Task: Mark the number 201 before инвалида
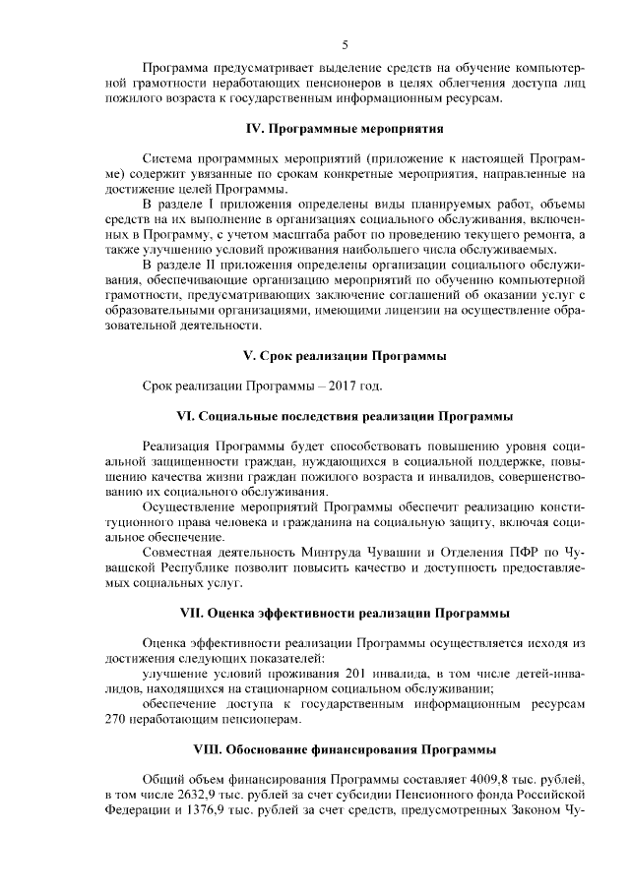pos(359,674)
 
